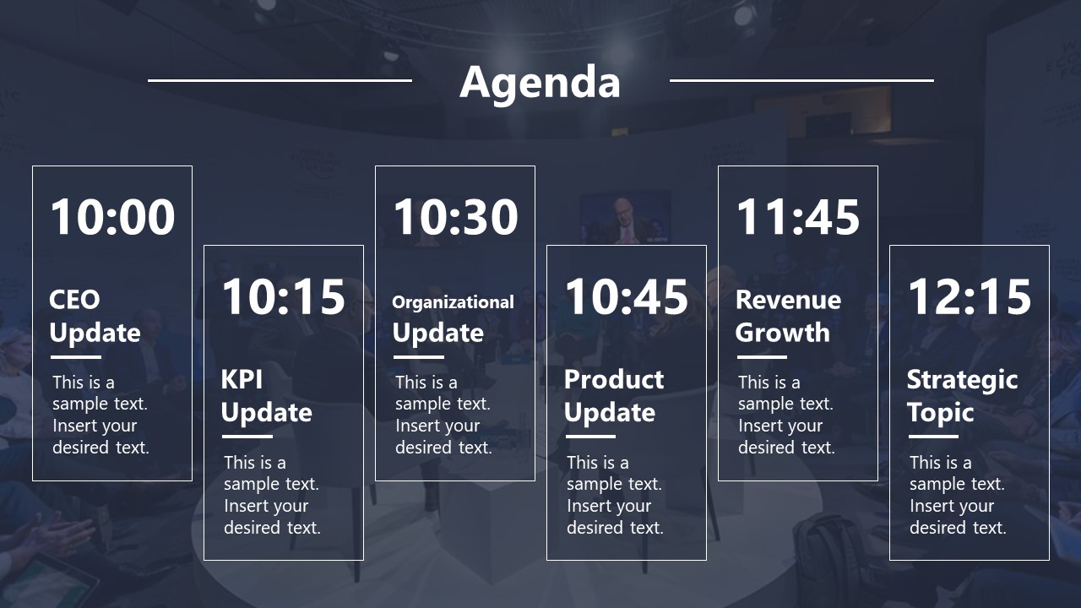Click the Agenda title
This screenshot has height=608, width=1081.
click(x=540, y=83)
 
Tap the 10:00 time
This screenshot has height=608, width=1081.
click(x=112, y=217)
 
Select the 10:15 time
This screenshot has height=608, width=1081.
click(x=284, y=296)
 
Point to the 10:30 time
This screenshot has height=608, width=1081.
click(x=455, y=217)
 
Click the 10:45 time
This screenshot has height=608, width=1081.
click(x=627, y=296)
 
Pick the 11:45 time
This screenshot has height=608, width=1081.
click(x=798, y=217)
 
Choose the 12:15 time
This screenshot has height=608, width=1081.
click(x=970, y=296)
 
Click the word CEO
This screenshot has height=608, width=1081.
click(x=74, y=300)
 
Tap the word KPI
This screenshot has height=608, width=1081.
click(x=242, y=379)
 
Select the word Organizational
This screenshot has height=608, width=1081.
click(x=453, y=302)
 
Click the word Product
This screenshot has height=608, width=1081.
click(x=614, y=379)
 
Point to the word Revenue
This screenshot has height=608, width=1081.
click(x=788, y=300)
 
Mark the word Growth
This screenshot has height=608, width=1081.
click(x=782, y=333)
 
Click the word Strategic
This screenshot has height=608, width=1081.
click(x=962, y=380)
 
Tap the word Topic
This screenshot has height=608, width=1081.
click(x=940, y=413)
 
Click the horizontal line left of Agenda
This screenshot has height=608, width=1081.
click(x=280, y=80)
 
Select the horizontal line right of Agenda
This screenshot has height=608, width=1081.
click(x=801, y=80)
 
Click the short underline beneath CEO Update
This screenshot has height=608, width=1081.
click(x=76, y=357)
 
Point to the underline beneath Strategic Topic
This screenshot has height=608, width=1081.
click(x=933, y=437)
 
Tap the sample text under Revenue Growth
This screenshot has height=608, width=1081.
click(x=786, y=415)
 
